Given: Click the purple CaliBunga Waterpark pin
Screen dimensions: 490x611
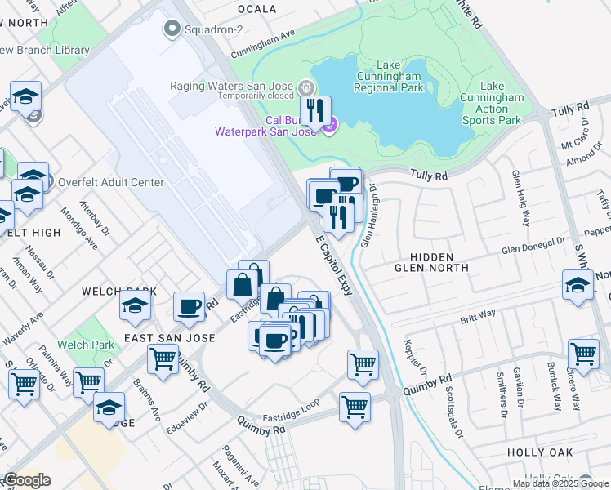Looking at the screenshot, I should pyautogui.click(x=329, y=126).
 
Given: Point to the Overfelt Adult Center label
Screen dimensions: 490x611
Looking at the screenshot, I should pyautogui.click(x=110, y=183).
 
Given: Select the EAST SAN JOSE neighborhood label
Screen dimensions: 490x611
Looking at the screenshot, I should pyautogui.click(x=169, y=337).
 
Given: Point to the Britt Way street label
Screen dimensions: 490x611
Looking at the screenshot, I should pyautogui.click(x=478, y=315).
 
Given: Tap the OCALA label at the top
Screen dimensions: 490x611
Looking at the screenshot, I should pyautogui.click(x=256, y=9).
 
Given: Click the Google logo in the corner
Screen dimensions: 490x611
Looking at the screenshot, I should pyautogui.click(x=27, y=479).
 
